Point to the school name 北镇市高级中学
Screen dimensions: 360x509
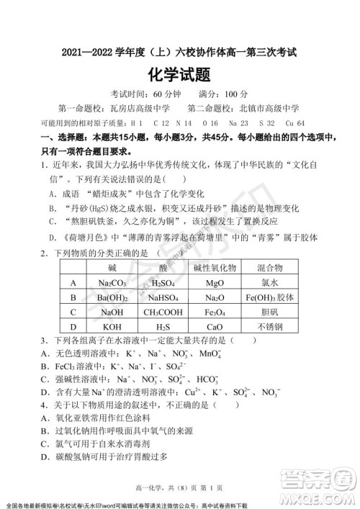click(268, 109)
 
